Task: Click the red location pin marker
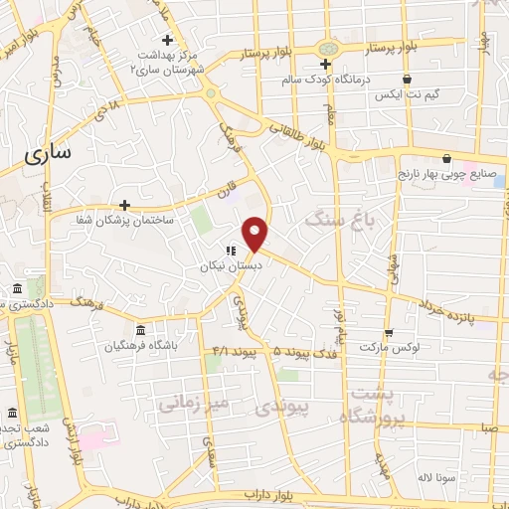[255, 233]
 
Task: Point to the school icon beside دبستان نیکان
[230, 252]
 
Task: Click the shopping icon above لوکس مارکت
[388, 332]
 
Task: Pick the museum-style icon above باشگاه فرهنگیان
[139, 330]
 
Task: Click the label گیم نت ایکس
[403, 96]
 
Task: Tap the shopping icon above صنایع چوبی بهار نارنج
[447, 158]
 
